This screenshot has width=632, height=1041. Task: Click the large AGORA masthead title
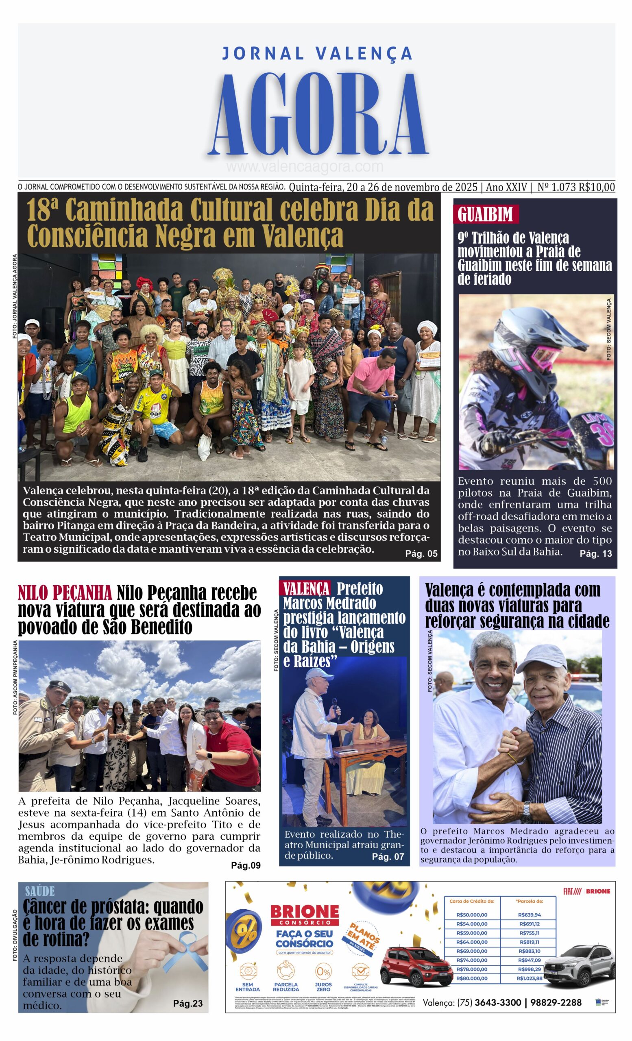click(x=318, y=115)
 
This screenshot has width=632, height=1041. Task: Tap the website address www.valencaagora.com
click(x=304, y=167)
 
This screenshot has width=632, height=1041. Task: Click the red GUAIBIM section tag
click(x=485, y=214)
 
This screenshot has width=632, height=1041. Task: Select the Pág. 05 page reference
click(x=421, y=554)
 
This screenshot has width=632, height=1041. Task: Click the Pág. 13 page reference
click(x=595, y=554)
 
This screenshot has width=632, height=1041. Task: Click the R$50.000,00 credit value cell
click(x=471, y=915)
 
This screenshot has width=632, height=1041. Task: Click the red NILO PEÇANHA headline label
click(x=65, y=594)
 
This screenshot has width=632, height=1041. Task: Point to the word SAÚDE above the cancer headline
click(x=40, y=891)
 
